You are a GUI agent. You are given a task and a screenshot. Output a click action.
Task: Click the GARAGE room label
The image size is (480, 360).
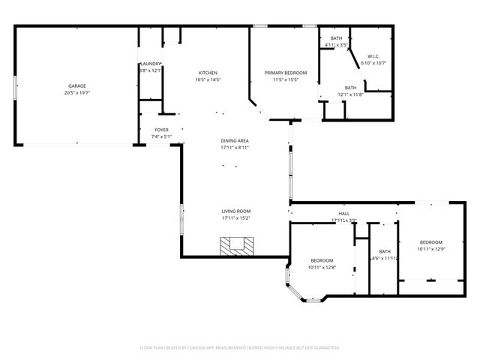(76, 86)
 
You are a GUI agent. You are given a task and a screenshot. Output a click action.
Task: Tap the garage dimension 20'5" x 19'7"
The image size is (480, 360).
(76, 93)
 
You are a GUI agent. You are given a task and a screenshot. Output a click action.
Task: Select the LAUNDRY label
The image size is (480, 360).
(150, 64)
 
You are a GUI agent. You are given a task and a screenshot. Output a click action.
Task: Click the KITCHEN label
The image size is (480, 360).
(208, 72)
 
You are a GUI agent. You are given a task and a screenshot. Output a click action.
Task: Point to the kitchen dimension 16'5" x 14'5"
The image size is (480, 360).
(208, 79)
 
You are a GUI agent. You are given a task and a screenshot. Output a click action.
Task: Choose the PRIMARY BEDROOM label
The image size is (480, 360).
(286, 73)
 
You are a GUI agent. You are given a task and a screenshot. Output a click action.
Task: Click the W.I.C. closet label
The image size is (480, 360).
(373, 56)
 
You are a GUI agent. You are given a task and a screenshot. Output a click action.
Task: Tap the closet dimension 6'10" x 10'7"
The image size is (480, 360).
(373, 63)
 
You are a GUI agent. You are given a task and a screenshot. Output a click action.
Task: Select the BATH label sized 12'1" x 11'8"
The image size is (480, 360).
(350, 87)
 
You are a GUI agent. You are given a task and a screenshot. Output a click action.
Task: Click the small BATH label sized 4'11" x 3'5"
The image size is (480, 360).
(336, 38)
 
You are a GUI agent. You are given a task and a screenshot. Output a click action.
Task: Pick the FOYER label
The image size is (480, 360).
(162, 130)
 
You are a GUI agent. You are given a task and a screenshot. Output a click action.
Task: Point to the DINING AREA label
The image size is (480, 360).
(235, 140)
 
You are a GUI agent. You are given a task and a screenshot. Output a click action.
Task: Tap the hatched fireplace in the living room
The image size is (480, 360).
(237, 246)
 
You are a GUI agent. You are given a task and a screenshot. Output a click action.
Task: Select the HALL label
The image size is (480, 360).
(344, 214)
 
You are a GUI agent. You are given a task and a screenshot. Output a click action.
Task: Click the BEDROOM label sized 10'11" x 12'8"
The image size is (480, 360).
(322, 260)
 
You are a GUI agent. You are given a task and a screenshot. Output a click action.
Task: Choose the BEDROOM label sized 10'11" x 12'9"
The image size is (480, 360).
(430, 242)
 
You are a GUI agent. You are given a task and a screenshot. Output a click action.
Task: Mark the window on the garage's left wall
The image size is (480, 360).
(16, 85)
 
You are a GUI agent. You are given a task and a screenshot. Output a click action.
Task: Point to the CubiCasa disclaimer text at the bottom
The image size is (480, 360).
(240, 347)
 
